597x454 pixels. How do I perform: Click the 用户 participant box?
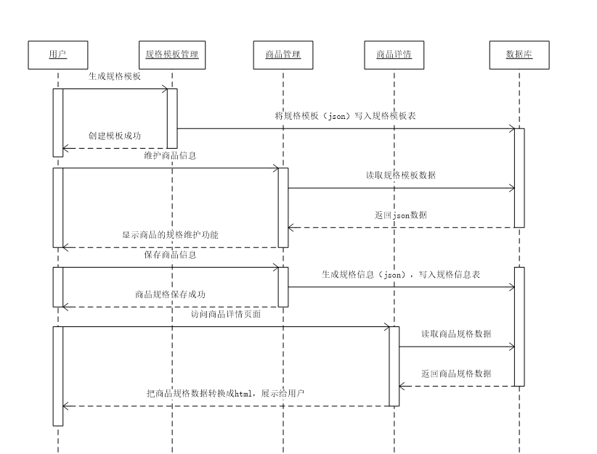[x=57, y=54]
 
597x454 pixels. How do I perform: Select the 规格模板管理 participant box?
[x=171, y=54]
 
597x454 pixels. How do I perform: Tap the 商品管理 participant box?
[x=283, y=54]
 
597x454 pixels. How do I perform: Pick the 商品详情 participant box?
[x=394, y=54]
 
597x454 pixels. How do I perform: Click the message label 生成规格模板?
[x=115, y=76]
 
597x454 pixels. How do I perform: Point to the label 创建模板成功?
[x=115, y=136]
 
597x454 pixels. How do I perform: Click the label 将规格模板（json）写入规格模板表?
[x=345, y=116]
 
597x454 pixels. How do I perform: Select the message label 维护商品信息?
[x=170, y=156]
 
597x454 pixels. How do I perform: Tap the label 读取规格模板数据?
[x=401, y=176]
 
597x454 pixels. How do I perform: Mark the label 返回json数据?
[x=401, y=215]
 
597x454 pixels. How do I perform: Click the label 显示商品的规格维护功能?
[x=170, y=235]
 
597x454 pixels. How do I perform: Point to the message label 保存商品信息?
[x=170, y=255]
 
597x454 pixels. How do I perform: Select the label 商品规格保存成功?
[x=170, y=294]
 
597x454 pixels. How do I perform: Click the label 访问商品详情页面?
[x=226, y=315]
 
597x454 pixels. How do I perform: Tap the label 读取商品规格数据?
[x=456, y=334]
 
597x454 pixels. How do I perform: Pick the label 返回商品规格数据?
[x=456, y=374]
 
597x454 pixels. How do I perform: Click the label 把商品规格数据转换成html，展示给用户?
[x=226, y=394]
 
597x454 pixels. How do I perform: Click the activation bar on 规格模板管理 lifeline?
[x=172, y=118]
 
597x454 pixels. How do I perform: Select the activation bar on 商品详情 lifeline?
[x=394, y=366]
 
